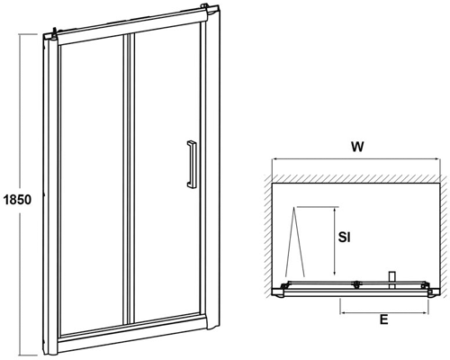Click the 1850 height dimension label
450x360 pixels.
pyautogui.click(x=17, y=200)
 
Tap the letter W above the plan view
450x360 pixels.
pyautogui.click(x=357, y=147)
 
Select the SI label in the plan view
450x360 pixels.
pyautogui.click(x=344, y=238)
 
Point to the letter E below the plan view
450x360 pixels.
pyautogui.click(x=383, y=319)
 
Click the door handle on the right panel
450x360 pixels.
pyautogui.click(x=192, y=164)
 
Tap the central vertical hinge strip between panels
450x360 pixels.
pyautogui.click(x=129, y=179)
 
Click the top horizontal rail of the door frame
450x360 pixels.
pyautogui.click(x=132, y=29)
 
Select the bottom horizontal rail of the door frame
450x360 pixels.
pyautogui.click(x=132, y=333)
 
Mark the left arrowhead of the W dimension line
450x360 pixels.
pyautogui.click(x=274, y=159)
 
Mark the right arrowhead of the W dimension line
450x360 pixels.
pyautogui.click(x=437, y=159)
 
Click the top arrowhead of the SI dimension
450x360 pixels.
pyautogui.click(x=334, y=209)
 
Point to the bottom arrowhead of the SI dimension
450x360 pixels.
pyautogui.click(x=334, y=273)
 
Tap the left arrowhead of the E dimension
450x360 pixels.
pyautogui.click(x=342, y=313)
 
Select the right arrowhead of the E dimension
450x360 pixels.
pyautogui.click(x=426, y=313)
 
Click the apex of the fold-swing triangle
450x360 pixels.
pyautogui.click(x=294, y=208)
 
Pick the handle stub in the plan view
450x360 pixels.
pyautogui.click(x=391, y=280)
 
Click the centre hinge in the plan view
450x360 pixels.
pyautogui.click(x=356, y=284)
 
